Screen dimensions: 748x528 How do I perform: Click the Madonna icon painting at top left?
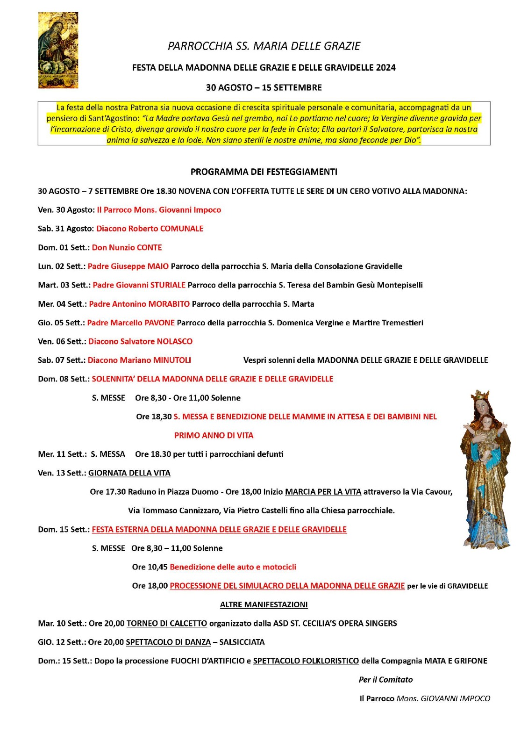click(x=58, y=50)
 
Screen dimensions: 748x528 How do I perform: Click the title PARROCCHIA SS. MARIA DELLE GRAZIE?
click(x=264, y=46)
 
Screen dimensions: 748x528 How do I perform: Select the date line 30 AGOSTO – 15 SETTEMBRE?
click(x=264, y=87)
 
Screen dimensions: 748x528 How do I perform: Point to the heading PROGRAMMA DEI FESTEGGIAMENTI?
click(x=264, y=172)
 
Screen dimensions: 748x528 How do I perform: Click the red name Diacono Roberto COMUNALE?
click(x=150, y=229)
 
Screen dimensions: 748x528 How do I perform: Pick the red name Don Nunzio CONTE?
click(x=127, y=247)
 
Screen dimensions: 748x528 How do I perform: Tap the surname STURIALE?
click(x=168, y=285)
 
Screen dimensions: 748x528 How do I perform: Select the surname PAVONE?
click(x=160, y=323)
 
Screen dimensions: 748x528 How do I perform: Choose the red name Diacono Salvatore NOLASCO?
click(x=141, y=341)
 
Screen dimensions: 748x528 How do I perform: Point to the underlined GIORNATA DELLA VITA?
click(x=129, y=473)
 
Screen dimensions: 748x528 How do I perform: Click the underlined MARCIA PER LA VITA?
click(x=323, y=492)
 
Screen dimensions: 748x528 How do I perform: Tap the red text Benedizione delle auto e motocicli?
click(x=233, y=567)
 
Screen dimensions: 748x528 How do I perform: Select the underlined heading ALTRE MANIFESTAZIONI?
click(x=264, y=604)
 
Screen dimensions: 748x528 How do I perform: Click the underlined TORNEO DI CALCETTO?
click(x=167, y=623)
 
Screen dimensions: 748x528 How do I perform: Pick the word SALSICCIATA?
click(x=242, y=642)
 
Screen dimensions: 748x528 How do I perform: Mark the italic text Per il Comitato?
click(x=386, y=679)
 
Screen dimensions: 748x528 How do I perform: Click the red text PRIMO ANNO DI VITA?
click(x=214, y=435)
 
